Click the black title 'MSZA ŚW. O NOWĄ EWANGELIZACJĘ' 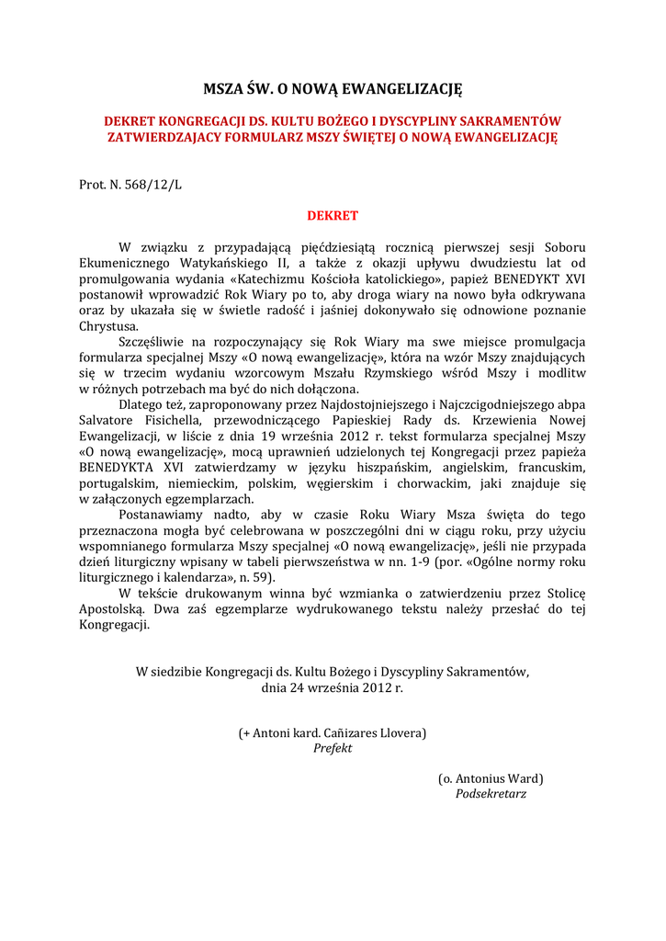(x=333, y=90)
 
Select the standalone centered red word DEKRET (x=333, y=216)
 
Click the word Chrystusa (x=108, y=325)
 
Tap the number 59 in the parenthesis (x=259, y=577)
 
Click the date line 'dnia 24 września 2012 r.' (x=333, y=686)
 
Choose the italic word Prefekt (x=333, y=748)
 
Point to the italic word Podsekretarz (x=491, y=794)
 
